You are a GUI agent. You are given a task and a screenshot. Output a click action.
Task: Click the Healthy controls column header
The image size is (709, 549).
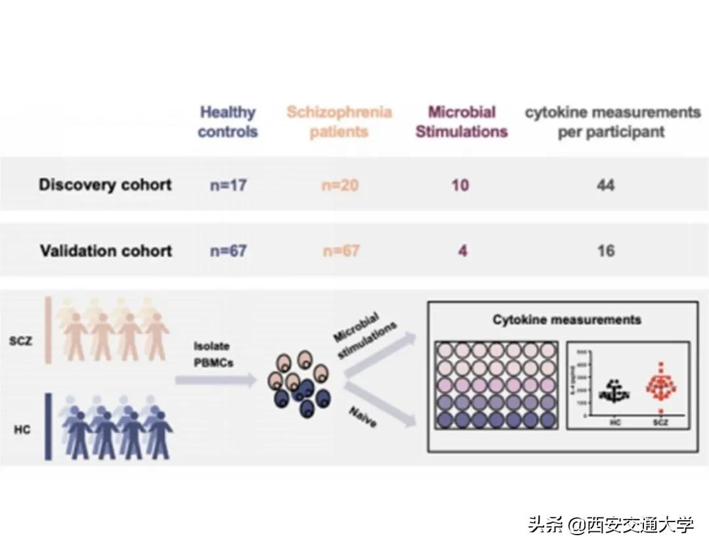click(x=228, y=122)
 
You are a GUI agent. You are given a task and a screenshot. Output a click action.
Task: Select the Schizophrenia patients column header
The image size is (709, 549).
click(x=339, y=122)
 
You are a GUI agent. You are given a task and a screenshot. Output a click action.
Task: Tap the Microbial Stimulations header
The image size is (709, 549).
click(x=462, y=122)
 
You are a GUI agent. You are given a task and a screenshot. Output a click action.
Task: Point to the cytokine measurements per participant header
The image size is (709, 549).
click(x=612, y=122)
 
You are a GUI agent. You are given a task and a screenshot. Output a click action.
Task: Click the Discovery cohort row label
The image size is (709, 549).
click(x=105, y=185)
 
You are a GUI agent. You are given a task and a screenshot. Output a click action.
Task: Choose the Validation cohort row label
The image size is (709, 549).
click(x=106, y=251)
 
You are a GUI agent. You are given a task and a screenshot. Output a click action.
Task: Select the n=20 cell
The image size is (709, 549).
click(x=340, y=185)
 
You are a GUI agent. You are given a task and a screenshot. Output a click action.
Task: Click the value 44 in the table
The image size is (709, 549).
click(x=605, y=185)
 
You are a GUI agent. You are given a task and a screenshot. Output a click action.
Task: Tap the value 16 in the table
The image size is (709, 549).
click(x=605, y=251)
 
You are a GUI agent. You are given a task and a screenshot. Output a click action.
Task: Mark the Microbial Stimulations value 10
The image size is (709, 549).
click(x=460, y=185)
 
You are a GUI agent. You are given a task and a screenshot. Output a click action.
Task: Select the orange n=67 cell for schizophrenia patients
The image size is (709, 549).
click(x=340, y=251)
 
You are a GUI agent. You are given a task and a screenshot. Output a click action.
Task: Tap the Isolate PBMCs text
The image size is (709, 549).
click(x=211, y=352)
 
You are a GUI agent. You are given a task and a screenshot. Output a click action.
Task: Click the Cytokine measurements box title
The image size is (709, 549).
click(x=567, y=320)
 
